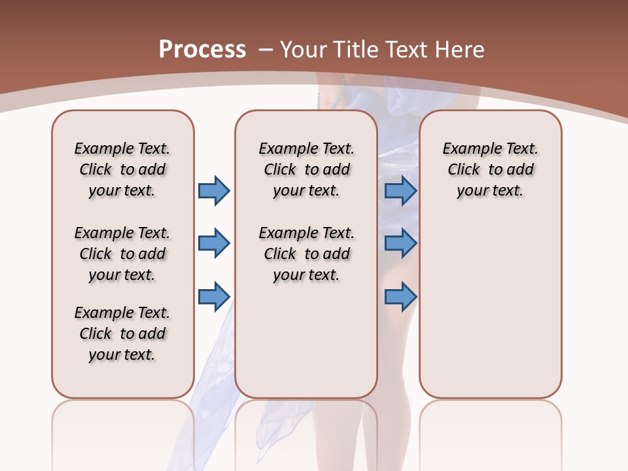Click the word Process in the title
coord(202,49)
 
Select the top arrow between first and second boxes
coord(213,190)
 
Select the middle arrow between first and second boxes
coord(213,244)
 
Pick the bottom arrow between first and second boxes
coord(213,297)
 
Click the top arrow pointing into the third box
coord(400,190)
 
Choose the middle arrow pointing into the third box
coord(400,244)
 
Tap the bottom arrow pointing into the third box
coord(400,297)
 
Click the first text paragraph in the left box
coord(122,169)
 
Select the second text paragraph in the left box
coord(122,254)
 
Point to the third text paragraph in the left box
coord(122,334)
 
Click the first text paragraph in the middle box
coord(306,169)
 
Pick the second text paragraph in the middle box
coord(306,254)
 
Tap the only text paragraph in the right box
coord(490,169)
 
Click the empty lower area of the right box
coord(490,314)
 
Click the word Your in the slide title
coord(304,49)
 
